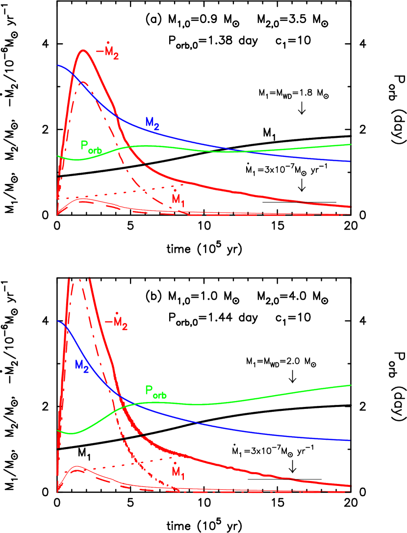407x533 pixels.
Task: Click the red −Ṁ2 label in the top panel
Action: [x=107, y=51]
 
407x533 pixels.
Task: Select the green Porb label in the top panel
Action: [x=91, y=147]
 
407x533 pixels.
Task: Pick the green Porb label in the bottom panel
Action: [x=156, y=392]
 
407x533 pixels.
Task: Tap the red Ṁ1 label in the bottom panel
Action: [x=178, y=471]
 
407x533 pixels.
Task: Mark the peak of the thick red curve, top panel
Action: [x=84, y=50]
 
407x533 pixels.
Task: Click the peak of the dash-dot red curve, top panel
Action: [x=83, y=82]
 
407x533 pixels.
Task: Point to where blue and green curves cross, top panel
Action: [x=240, y=151]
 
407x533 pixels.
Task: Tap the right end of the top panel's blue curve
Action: [x=350, y=161]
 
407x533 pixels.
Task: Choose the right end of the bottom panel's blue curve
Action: [x=350, y=440]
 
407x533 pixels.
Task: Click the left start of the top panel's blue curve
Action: [x=58, y=65]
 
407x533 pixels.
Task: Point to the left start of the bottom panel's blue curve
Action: [x=58, y=321]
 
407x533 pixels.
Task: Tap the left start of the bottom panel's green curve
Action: [x=58, y=431]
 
